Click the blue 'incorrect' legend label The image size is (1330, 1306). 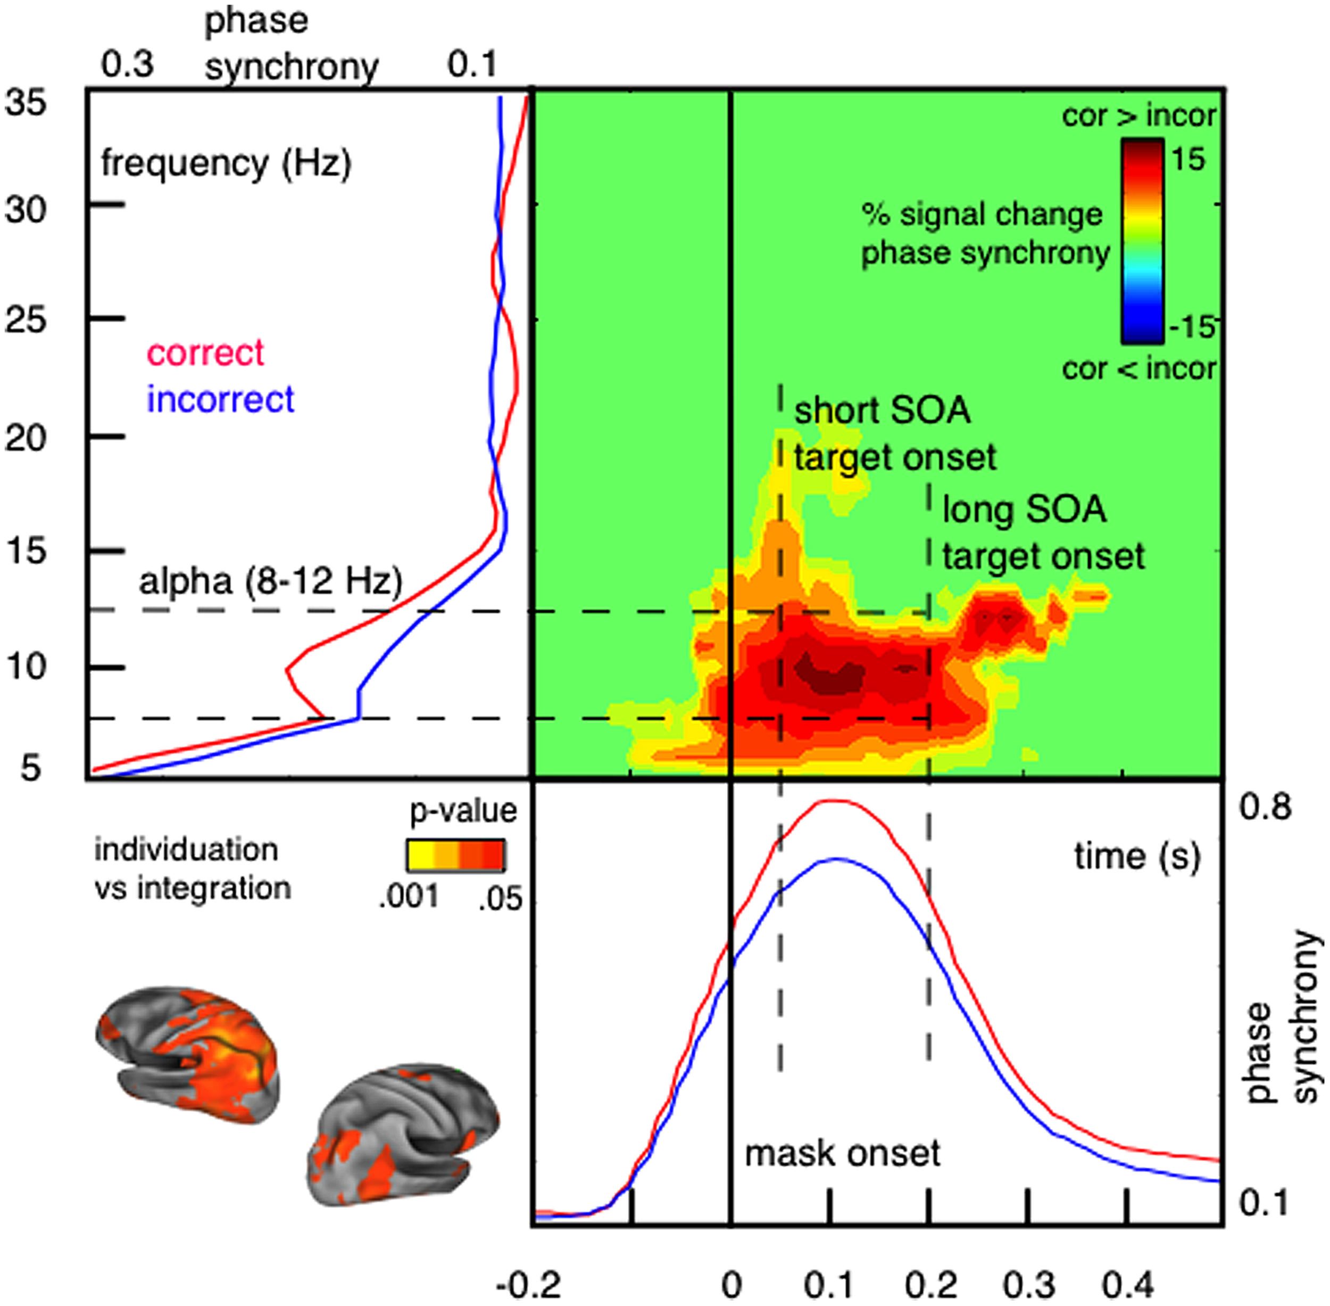[x=220, y=400]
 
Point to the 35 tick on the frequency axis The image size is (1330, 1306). [x=26, y=104]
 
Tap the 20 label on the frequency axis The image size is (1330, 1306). [x=26, y=438]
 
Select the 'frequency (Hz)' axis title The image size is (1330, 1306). [x=226, y=165]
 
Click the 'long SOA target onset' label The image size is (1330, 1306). [x=1042, y=533]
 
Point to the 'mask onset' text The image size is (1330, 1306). [x=842, y=1154]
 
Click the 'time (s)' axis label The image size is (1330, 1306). [x=1137, y=857]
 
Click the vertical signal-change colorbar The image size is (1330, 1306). [x=1142, y=241]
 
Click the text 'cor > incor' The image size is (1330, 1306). [x=1138, y=116]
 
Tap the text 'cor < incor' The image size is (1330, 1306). [x=1138, y=369]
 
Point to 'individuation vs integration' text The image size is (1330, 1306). [x=192, y=869]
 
